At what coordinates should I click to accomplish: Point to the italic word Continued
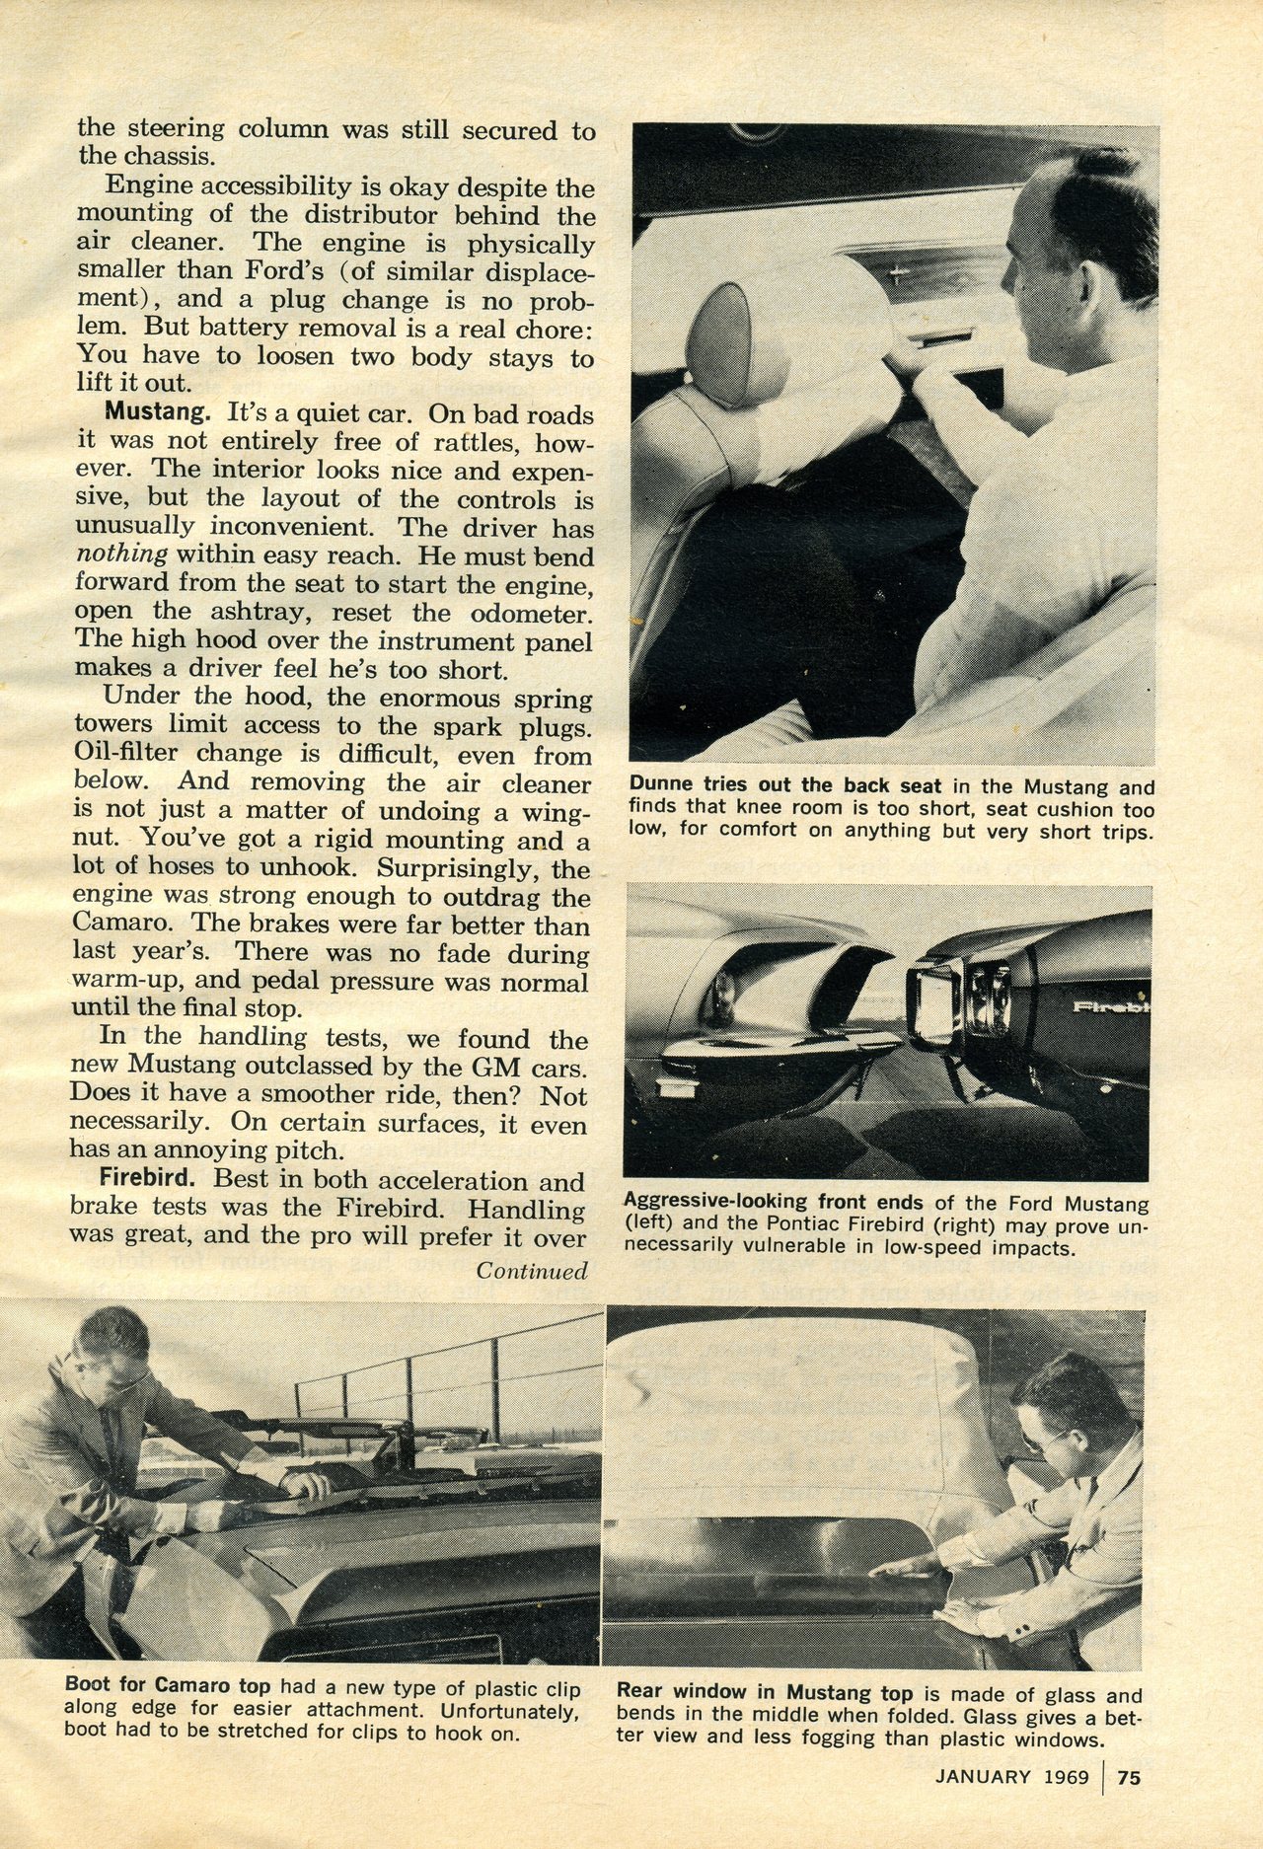pyautogui.click(x=533, y=1271)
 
